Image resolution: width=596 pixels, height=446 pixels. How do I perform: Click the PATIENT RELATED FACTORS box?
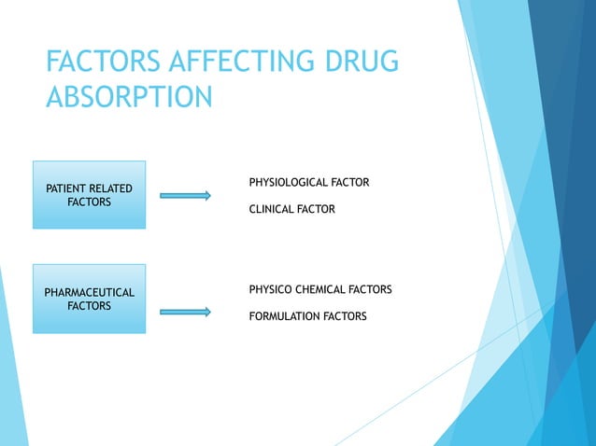click(89, 195)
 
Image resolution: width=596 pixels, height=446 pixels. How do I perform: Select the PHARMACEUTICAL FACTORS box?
click(89, 299)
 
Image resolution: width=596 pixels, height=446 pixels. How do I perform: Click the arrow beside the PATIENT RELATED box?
click(185, 196)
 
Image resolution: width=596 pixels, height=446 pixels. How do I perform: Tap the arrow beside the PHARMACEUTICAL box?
click(185, 312)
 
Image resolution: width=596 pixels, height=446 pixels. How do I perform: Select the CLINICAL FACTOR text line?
click(291, 210)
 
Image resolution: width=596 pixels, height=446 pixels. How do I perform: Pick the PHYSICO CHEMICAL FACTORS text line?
click(319, 290)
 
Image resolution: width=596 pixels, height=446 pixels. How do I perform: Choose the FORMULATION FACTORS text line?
click(307, 316)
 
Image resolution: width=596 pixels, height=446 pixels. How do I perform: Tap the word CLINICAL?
click(271, 210)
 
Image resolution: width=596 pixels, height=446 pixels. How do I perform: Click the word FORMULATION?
click(285, 316)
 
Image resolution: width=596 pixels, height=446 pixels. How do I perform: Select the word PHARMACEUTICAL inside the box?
click(90, 293)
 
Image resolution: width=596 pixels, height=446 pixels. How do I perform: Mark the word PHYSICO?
click(268, 290)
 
